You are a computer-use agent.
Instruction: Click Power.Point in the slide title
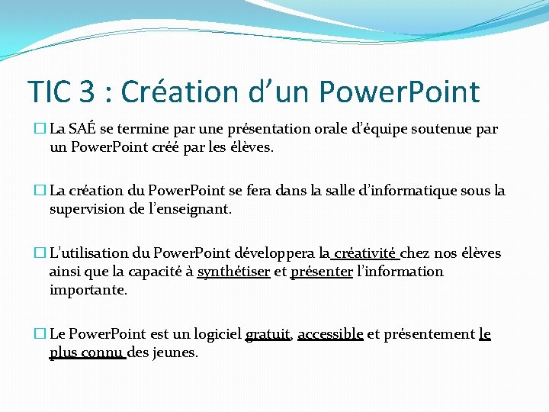click(400, 92)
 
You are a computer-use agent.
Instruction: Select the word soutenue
click(443, 129)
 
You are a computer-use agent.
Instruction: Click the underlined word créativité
click(365, 253)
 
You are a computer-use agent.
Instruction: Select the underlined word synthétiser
click(233, 271)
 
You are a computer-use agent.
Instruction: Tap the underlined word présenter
click(322, 271)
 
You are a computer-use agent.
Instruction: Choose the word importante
click(88, 290)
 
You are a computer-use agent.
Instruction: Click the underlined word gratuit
click(268, 333)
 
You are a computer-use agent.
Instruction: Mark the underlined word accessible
click(330, 333)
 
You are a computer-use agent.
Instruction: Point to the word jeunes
click(175, 352)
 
